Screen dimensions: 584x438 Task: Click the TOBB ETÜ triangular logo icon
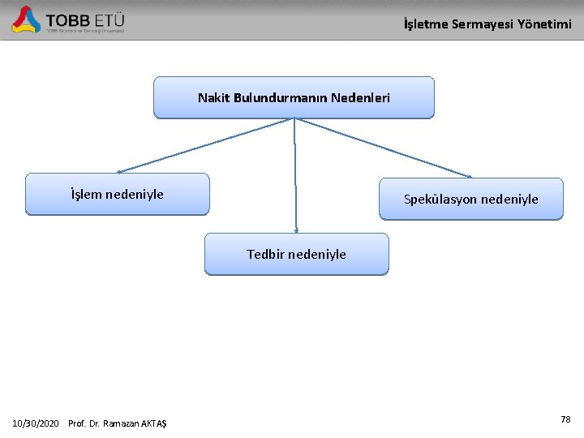pyautogui.click(x=26, y=19)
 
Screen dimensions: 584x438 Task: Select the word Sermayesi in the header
pyautogui.click(x=480, y=24)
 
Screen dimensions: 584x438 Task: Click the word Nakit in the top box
pyautogui.click(x=213, y=98)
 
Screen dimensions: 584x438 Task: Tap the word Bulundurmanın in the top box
pyautogui.click(x=280, y=98)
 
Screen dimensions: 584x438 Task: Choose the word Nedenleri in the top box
pyautogui.click(x=360, y=98)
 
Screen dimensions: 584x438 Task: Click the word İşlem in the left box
pyautogui.click(x=87, y=194)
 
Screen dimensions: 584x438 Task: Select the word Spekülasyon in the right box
pyautogui.click(x=440, y=200)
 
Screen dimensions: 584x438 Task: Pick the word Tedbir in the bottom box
pyautogui.click(x=264, y=255)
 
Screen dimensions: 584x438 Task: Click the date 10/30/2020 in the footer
pyautogui.click(x=36, y=423)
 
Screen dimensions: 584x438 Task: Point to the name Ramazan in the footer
pyautogui.click(x=123, y=423)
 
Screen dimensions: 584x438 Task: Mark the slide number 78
pyautogui.click(x=565, y=419)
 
